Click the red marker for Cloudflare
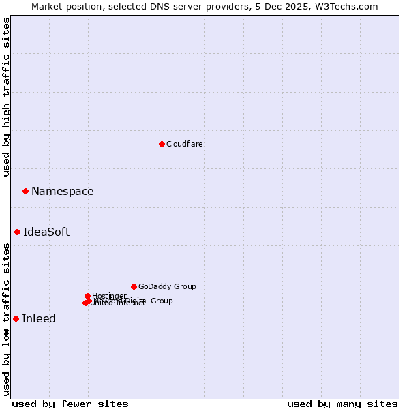[x=162, y=144]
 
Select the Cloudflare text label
[x=185, y=144]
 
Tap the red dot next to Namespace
[x=25, y=191]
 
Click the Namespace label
[x=63, y=191]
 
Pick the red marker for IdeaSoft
[x=18, y=232]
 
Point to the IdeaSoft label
[x=46, y=232]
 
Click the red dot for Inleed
[x=16, y=318]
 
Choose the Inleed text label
[x=39, y=318]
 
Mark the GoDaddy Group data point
[x=134, y=286]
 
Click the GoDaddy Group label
[x=167, y=286]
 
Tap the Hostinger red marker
[x=88, y=296]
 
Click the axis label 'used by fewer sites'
[x=70, y=404]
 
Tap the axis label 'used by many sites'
[x=342, y=404]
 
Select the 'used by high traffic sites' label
[x=6, y=97]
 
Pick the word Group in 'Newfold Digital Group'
[x=162, y=301]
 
